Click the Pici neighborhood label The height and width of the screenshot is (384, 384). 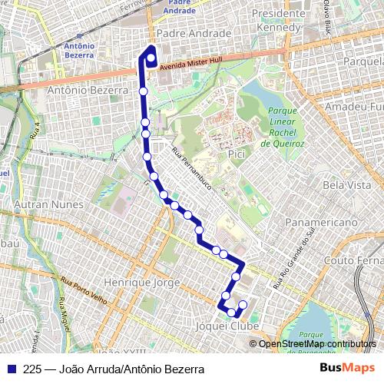pos(237,156)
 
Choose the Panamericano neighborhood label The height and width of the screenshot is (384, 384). pos(323,223)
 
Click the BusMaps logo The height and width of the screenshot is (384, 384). pos(347,369)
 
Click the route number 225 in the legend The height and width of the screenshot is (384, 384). pos(32,369)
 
